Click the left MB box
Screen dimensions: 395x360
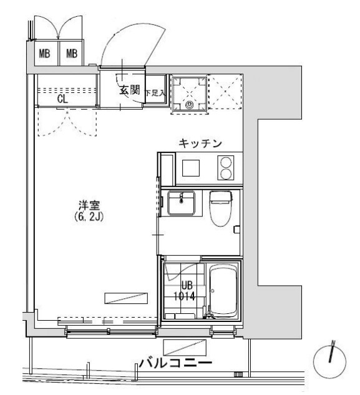(44, 54)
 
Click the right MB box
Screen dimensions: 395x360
(71, 54)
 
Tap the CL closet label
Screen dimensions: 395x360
(63, 99)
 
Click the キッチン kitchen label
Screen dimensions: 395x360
(200, 144)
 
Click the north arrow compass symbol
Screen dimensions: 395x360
(331, 360)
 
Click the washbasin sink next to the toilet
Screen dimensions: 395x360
(182, 202)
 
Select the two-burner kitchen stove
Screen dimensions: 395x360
(226, 167)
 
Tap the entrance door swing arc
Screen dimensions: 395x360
(125, 47)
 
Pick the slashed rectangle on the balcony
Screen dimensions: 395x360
(184, 346)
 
